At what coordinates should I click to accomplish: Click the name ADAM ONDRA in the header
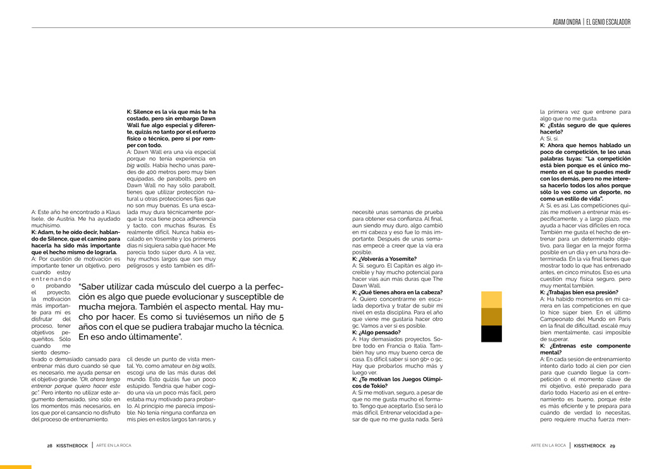click(x=567, y=22)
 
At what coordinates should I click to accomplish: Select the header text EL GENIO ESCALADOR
click(x=608, y=22)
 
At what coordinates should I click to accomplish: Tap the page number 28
click(x=49, y=446)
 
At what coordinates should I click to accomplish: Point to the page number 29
click(x=612, y=446)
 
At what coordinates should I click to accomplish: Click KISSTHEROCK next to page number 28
click(x=72, y=446)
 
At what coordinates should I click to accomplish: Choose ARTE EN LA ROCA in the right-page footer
click(x=548, y=446)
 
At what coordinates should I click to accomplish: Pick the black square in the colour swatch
click(x=491, y=334)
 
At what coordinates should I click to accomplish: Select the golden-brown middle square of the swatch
click(x=491, y=316)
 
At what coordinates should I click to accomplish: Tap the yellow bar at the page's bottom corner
click(x=15, y=467)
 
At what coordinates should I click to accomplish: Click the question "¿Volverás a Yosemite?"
click(x=384, y=259)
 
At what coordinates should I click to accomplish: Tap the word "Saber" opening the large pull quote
click(x=94, y=287)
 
